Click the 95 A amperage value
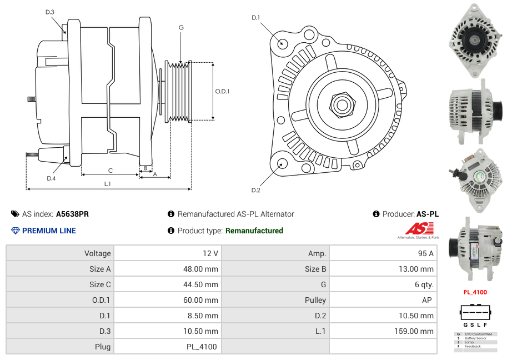point(425,253)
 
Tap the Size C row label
point(100,284)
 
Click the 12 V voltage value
point(210,253)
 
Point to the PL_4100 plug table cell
point(202,347)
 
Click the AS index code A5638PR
point(72,214)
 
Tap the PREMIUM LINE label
point(49,231)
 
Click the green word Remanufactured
point(254,231)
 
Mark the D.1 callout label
point(255,18)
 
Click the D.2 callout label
point(255,191)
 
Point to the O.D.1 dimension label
point(222,92)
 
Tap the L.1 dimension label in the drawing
point(107,184)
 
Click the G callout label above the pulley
point(181,27)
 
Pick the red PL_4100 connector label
point(475,292)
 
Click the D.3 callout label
point(50,12)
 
